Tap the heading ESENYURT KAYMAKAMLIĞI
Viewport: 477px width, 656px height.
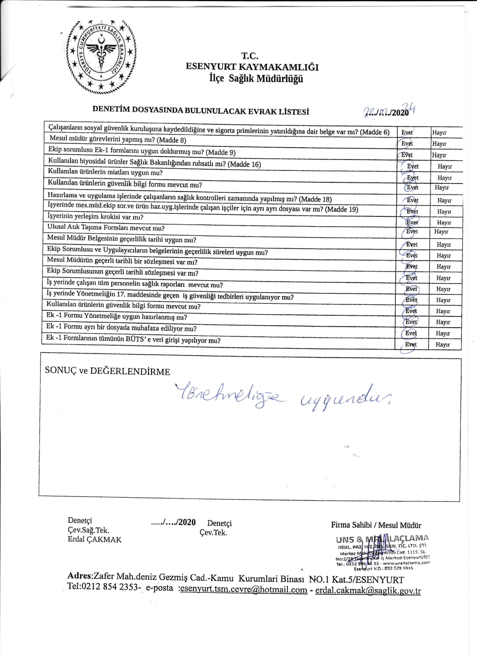tap(252, 67)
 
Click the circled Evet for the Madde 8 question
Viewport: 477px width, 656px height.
tap(407, 144)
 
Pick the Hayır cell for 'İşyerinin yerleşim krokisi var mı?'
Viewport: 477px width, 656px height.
tap(444, 222)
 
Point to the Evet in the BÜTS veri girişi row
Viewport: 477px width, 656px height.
tap(411, 344)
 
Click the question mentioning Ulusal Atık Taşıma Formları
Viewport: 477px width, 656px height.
tap(106, 228)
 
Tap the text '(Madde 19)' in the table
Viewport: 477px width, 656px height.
tap(341, 209)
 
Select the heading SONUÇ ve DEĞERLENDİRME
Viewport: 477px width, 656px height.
tap(108, 371)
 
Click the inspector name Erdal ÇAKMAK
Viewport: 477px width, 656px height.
tap(95, 540)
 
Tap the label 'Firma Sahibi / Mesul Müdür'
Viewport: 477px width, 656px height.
tap(376, 525)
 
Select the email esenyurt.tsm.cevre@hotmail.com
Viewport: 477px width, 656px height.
tap(244, 590)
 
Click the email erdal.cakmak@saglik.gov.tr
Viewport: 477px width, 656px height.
tap(368, 591)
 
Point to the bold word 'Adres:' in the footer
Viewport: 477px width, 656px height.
tap(80, 576)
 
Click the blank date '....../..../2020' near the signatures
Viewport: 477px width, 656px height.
tap(173, 522)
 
